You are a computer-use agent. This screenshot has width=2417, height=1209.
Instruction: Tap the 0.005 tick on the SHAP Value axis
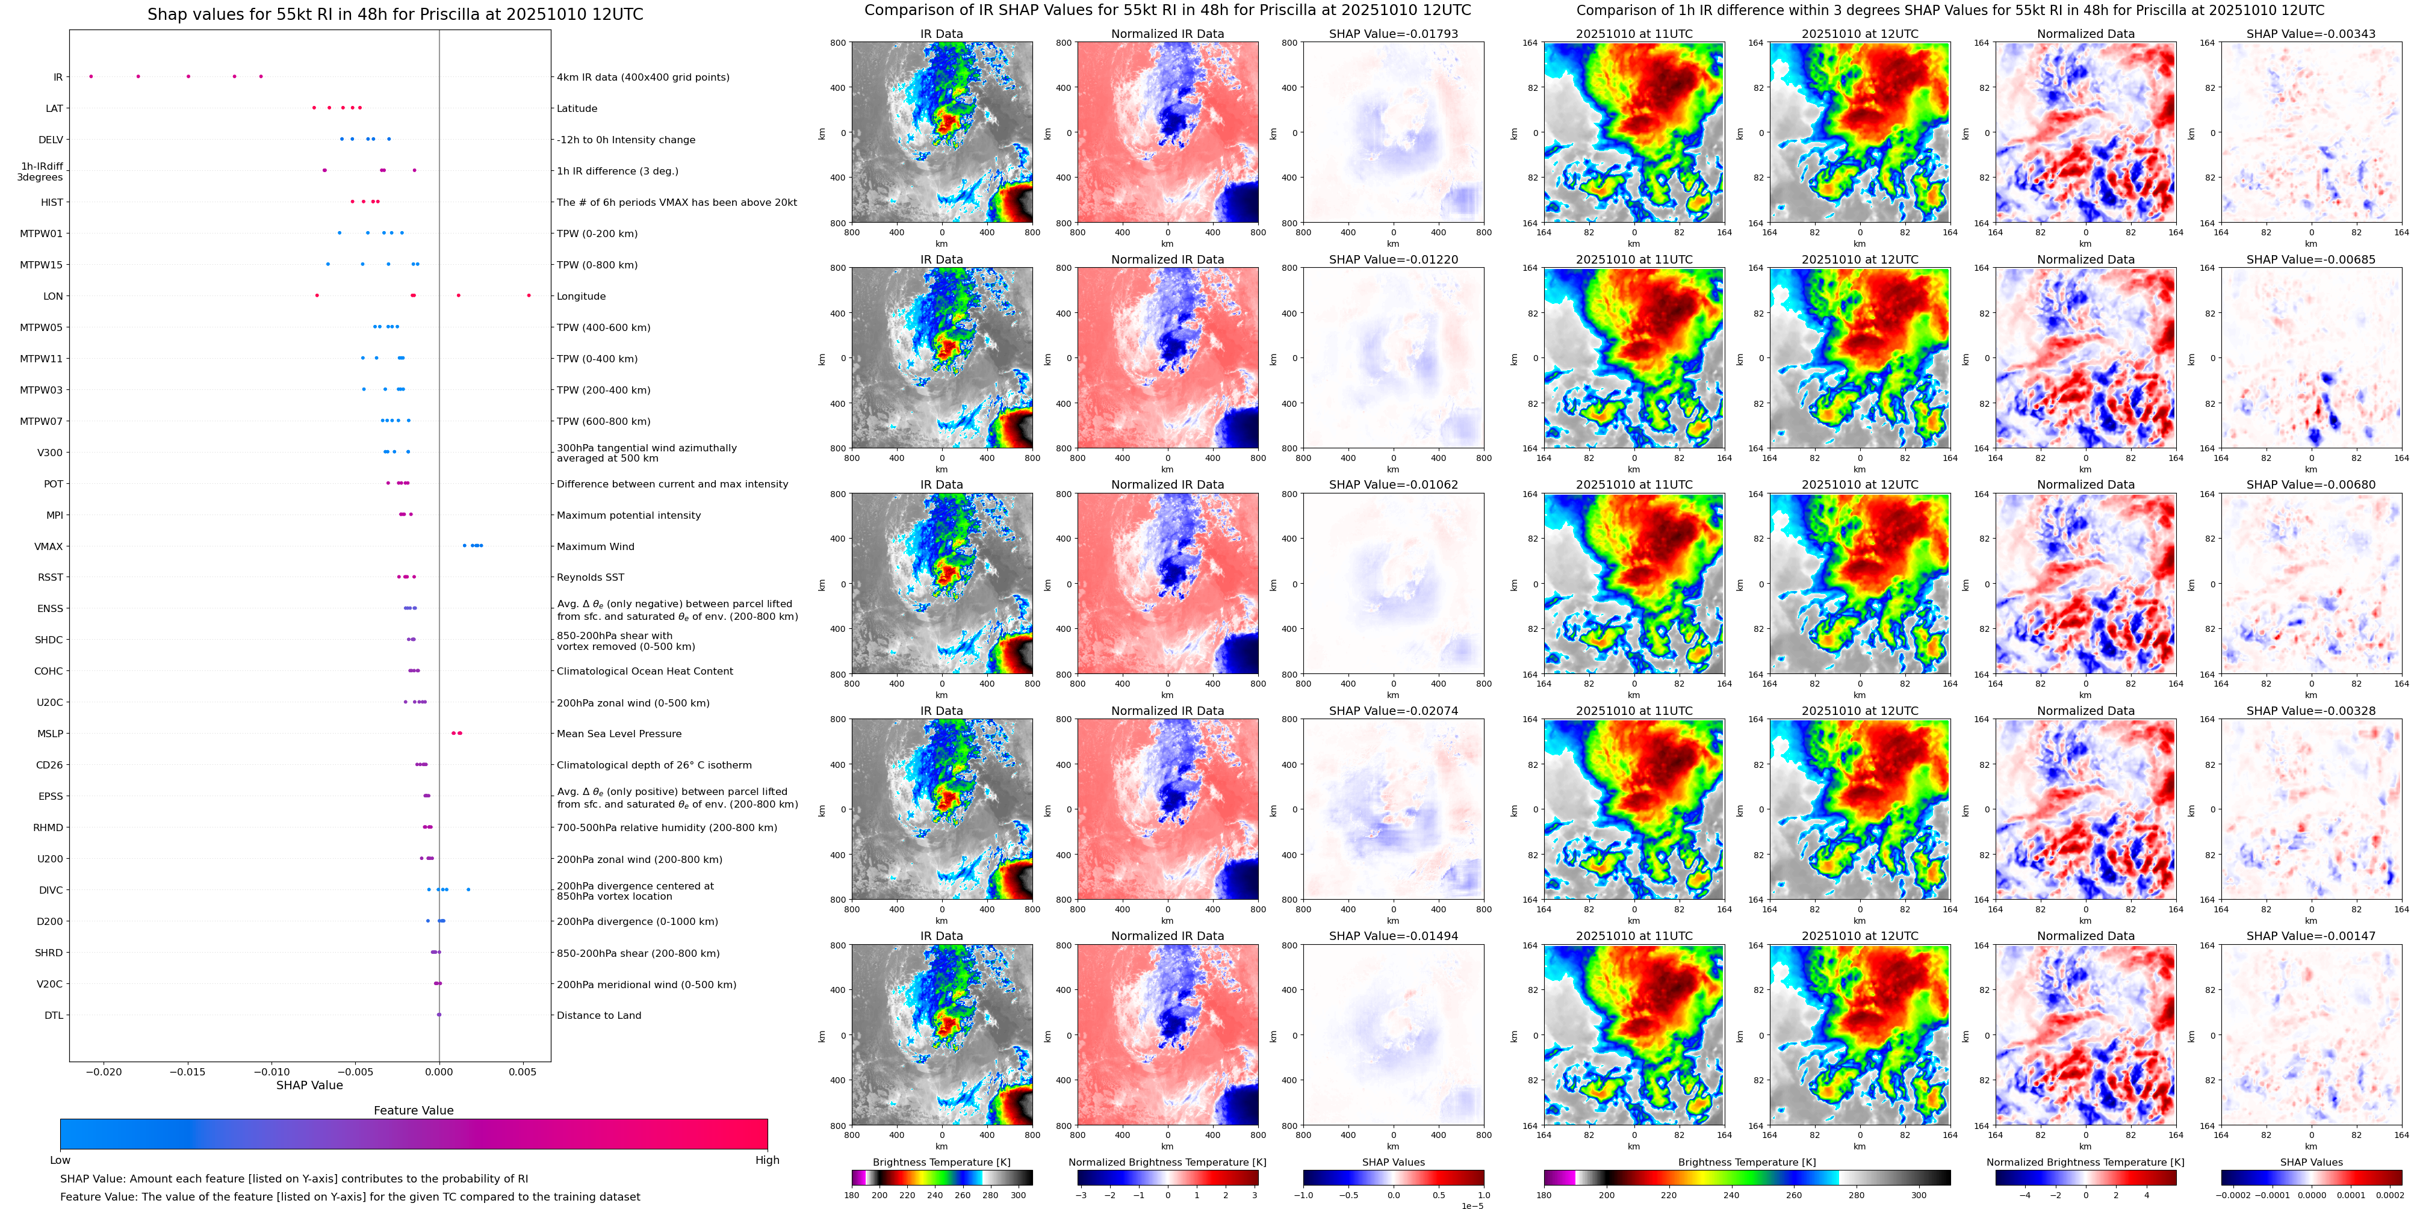523,1071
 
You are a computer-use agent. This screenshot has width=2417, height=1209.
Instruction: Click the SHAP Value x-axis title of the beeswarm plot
309,1085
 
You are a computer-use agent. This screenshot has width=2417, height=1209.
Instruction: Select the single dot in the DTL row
439,1015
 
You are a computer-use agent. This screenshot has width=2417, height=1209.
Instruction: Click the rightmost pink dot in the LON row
529,295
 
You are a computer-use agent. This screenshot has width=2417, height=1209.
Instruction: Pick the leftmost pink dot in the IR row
91,76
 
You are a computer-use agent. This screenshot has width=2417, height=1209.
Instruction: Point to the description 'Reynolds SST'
590,578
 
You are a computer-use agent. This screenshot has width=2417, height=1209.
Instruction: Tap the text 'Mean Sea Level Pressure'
619,734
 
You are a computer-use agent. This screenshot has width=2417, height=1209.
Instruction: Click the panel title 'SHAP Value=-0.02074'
1394,711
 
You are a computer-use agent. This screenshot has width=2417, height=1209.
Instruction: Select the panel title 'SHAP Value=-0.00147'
2311,936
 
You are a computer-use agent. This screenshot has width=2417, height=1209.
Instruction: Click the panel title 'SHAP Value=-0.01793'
1394,34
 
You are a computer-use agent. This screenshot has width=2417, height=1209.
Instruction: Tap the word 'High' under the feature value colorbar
768,1160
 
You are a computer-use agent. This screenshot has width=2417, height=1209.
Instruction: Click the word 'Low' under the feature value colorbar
60,1160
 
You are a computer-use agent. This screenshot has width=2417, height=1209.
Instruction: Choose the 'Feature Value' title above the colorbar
414,1110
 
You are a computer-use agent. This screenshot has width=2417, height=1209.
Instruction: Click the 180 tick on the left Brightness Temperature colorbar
852,1195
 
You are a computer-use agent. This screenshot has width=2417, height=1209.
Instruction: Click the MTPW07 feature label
42,422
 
